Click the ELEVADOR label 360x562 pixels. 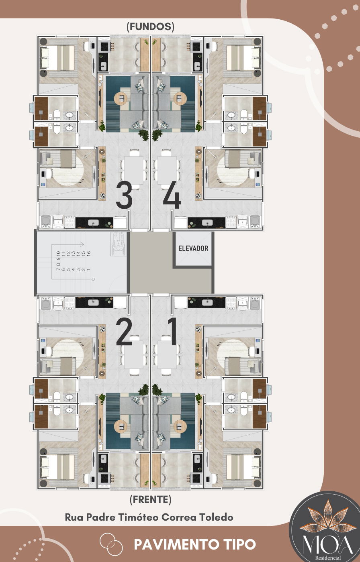click(193, 248)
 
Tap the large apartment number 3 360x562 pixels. click(124, 196)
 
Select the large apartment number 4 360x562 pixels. click(172, 197)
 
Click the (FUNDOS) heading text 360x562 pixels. click(150, 26)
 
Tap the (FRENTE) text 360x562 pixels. click(150, 499)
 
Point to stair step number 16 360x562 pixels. click(88, 253)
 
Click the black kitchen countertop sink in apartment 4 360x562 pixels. click(207, 222)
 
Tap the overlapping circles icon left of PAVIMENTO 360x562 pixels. click(111, 544)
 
